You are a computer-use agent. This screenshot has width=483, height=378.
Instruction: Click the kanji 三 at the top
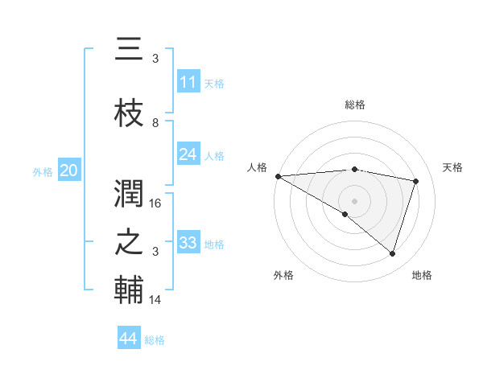click(129, 51)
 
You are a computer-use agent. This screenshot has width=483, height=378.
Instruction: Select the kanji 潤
click(129, 193)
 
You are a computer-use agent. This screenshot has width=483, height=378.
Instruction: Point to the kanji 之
click(129, 243)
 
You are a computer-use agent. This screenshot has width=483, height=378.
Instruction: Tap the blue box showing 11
click(188, 82)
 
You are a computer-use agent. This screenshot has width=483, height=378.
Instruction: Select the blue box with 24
click(188, 154)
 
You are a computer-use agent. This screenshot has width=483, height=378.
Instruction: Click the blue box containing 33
click(188, 243)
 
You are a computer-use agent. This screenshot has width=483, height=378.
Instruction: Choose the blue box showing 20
click(69, 171)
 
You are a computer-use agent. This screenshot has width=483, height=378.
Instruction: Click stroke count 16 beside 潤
click(156, 203)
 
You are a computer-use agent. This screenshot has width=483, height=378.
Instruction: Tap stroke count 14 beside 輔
click(156, 300)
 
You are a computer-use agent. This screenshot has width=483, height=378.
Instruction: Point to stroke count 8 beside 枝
click(155, 123)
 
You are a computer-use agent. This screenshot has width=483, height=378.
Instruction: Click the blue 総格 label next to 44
click(155, 340)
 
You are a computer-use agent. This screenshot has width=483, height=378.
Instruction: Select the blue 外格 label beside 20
click(43, 171)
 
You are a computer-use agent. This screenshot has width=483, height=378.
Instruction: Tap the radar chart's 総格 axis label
click(355, 105)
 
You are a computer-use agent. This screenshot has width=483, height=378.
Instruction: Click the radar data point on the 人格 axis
click(278, 176)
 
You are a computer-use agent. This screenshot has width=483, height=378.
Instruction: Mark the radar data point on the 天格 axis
click(416, 181)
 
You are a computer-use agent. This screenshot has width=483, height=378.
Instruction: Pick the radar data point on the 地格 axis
click(392, 254)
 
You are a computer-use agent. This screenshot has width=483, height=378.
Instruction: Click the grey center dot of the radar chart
click(354, 200)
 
